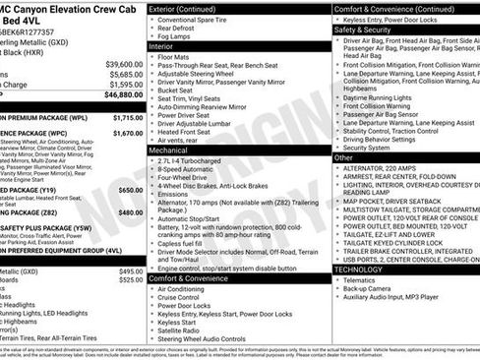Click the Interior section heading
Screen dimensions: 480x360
160,45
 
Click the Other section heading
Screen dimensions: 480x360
342,157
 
